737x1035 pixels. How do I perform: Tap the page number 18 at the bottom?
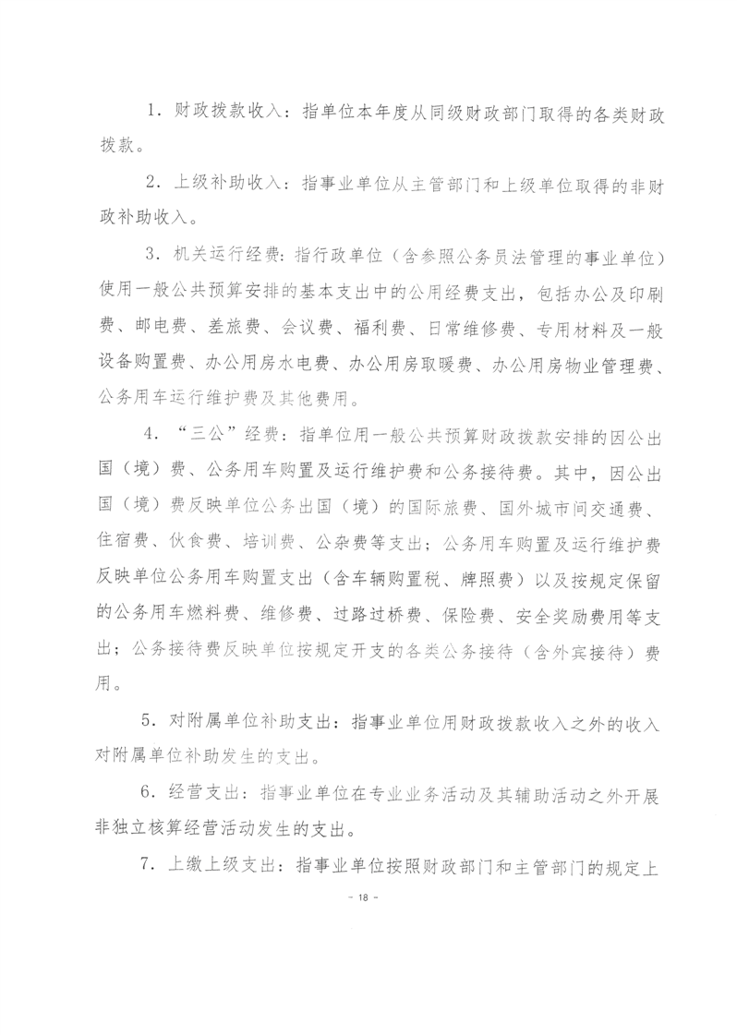click(x=368, y=897)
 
